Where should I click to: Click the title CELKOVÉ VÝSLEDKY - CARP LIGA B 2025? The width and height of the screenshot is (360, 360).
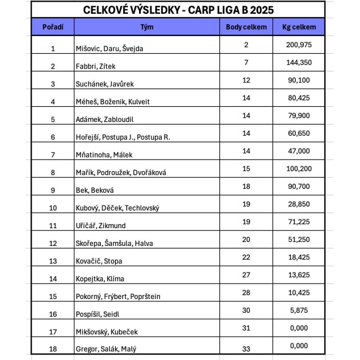178,10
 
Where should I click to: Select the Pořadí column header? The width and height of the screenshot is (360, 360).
53,27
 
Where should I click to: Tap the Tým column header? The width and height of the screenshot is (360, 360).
147,27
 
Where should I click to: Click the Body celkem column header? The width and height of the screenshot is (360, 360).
246,27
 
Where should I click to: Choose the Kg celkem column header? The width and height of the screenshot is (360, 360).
299,27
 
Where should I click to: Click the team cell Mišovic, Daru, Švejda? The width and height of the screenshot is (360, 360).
109,49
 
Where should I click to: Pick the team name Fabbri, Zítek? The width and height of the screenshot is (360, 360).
95,66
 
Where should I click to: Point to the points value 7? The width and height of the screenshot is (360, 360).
246,62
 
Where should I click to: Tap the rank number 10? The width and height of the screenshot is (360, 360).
53,208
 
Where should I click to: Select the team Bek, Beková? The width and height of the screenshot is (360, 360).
95,191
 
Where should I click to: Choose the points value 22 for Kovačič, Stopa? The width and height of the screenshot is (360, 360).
246,257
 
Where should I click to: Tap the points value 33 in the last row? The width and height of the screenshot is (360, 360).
246,346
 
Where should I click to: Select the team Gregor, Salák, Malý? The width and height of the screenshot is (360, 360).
106,349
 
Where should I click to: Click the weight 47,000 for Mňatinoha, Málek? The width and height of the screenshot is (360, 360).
300,151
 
